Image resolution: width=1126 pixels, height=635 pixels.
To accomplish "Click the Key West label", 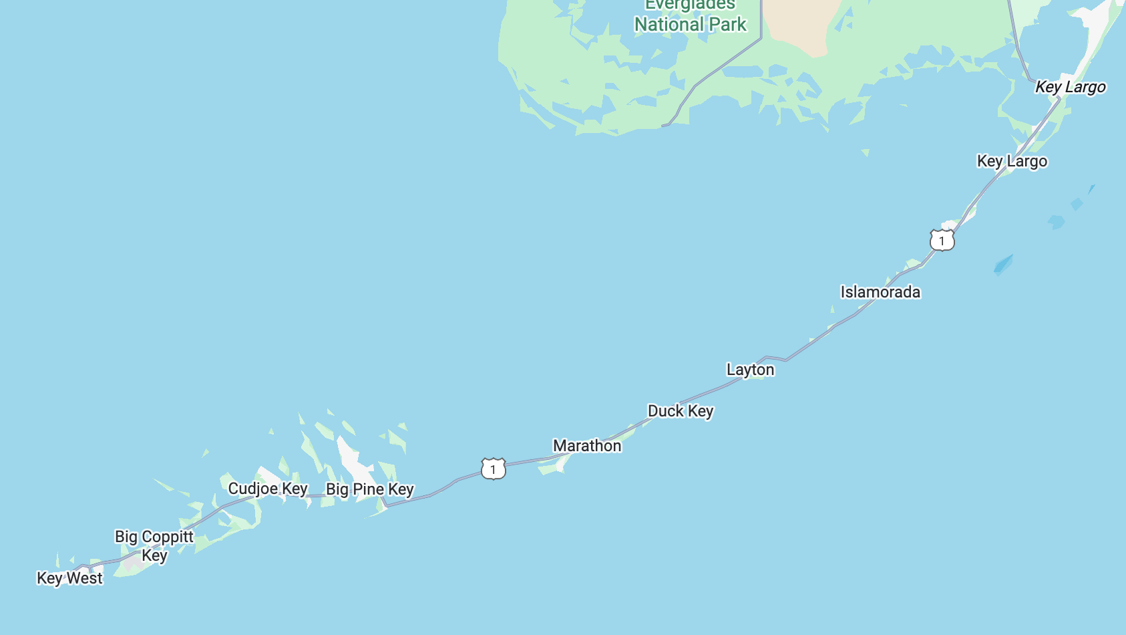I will coord(69,578).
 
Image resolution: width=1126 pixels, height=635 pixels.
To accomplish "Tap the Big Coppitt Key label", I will coord(154,545).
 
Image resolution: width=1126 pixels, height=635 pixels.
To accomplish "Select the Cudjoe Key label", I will coord(268,489).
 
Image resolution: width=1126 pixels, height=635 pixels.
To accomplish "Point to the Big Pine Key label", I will coord(370,489).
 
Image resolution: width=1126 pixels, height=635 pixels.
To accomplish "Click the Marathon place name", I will coord(587,446).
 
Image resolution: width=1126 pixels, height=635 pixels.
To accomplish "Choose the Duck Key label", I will coord(681,411).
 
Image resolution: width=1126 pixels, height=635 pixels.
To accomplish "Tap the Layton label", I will coord(750,370).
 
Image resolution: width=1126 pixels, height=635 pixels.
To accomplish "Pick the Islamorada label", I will coord(880,292).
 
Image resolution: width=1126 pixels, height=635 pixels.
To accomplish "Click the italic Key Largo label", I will coord(1070,87).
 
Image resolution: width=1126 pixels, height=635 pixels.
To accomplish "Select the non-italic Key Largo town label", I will coord(1012,161).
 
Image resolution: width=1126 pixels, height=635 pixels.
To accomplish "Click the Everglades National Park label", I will coord(690,16).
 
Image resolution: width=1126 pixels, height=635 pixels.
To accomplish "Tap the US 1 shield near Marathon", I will coord(494,469).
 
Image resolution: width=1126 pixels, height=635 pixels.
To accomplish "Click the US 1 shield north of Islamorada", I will coord(942,240).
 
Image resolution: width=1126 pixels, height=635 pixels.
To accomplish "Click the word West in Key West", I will coord(85,578).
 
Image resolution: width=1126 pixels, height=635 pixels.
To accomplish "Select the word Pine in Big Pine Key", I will coord(369,489).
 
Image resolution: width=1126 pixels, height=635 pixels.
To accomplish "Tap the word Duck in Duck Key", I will coord(666,411).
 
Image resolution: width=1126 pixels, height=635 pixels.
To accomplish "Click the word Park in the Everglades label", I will coord(727,25).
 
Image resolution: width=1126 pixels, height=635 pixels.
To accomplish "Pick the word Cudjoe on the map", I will coord(253,489).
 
